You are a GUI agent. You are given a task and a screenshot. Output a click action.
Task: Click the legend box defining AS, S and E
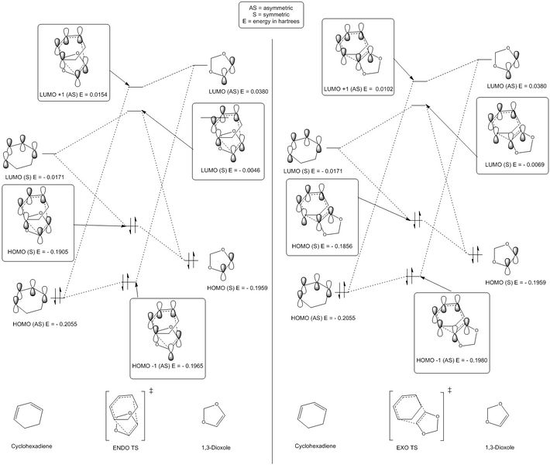point(273,15)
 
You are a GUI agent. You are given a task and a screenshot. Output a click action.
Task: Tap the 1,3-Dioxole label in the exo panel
point(501,447)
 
